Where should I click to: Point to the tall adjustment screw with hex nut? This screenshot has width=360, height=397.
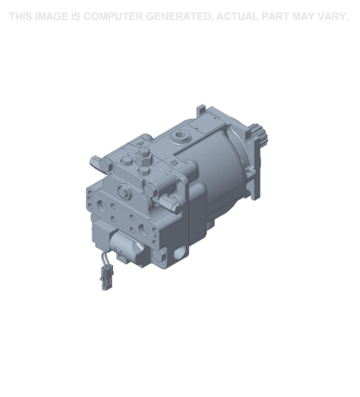143,158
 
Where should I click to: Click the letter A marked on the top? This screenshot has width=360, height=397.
140,143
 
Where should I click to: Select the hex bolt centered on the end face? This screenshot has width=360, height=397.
124,190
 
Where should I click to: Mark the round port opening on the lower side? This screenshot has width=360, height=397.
180,251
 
